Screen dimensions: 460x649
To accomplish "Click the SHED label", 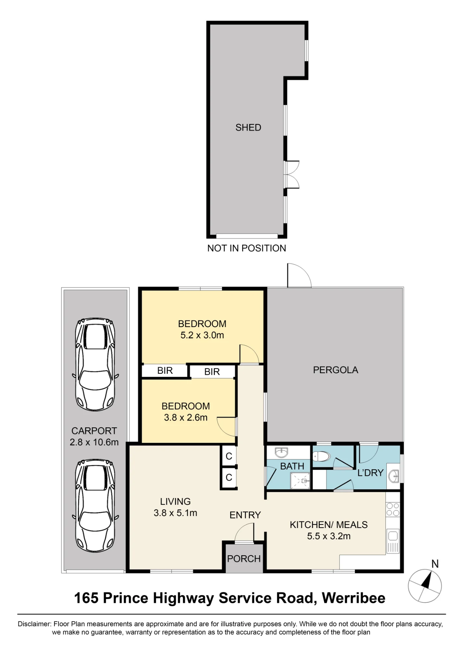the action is (248, 128).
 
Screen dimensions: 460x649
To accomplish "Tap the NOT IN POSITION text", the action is (247, 248).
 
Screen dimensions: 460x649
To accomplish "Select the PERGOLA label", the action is (335, 370).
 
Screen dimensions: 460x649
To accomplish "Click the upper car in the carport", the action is (95, 364).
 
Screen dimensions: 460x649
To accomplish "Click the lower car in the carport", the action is (95, 506).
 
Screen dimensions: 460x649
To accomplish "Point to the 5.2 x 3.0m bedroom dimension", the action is (202, 335).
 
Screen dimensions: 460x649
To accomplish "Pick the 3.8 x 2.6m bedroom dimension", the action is (186, 418).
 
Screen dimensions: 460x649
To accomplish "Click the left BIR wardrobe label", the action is (165, 371).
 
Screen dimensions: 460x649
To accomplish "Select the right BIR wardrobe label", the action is (212, 372).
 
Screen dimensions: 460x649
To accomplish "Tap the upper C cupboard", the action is (229, 456).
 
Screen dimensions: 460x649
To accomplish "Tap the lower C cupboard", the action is (229, 477).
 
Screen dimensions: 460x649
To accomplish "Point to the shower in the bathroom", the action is (300, 481).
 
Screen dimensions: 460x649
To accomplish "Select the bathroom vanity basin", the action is (281, 452).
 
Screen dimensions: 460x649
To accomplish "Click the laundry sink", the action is (393, 476).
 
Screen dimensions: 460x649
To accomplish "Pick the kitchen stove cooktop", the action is (393, 509).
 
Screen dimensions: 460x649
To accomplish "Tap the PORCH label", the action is (244, 559).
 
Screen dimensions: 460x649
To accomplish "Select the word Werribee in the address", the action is (354, 598).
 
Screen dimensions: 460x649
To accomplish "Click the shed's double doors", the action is (292, 175).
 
